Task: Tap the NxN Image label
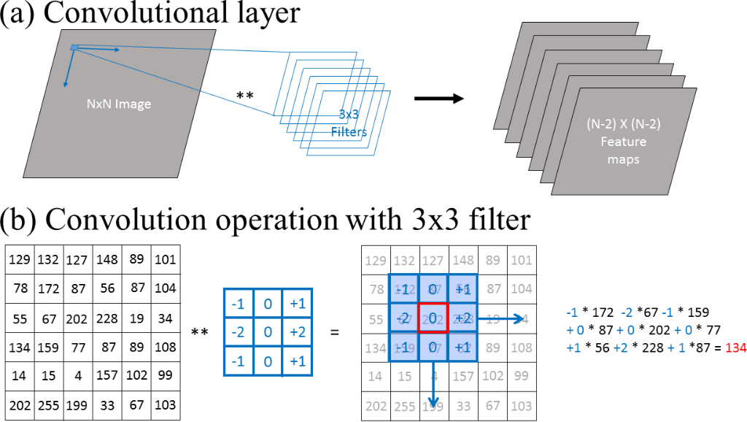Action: click(x=117, y=104)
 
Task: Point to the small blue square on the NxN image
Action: click(x=74, y=48)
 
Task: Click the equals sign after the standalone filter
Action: click(x=335, y=331)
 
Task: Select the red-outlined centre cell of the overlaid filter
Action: click(x=433, y=318)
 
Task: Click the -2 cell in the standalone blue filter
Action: click(x=238, y=331)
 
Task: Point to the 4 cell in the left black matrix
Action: click(x=77, y=377)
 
